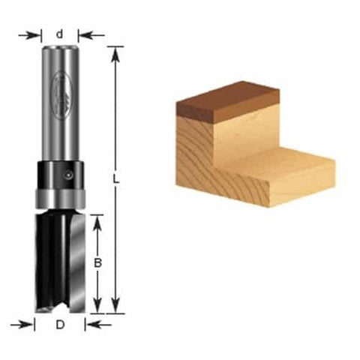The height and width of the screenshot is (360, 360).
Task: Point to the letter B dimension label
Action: click(97, 263)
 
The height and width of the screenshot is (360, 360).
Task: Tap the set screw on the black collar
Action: click(69, 173)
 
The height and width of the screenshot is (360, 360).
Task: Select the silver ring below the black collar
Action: click(59, 199)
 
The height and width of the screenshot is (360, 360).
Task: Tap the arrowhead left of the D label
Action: click(30, 325)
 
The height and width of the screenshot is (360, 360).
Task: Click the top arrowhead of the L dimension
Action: click(115, 51)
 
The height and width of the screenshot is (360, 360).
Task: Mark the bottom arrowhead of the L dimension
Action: click(115, 309)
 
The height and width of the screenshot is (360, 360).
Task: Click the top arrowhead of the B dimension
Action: click(97, 219)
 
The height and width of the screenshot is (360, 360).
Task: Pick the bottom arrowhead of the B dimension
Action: click(97, 309)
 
